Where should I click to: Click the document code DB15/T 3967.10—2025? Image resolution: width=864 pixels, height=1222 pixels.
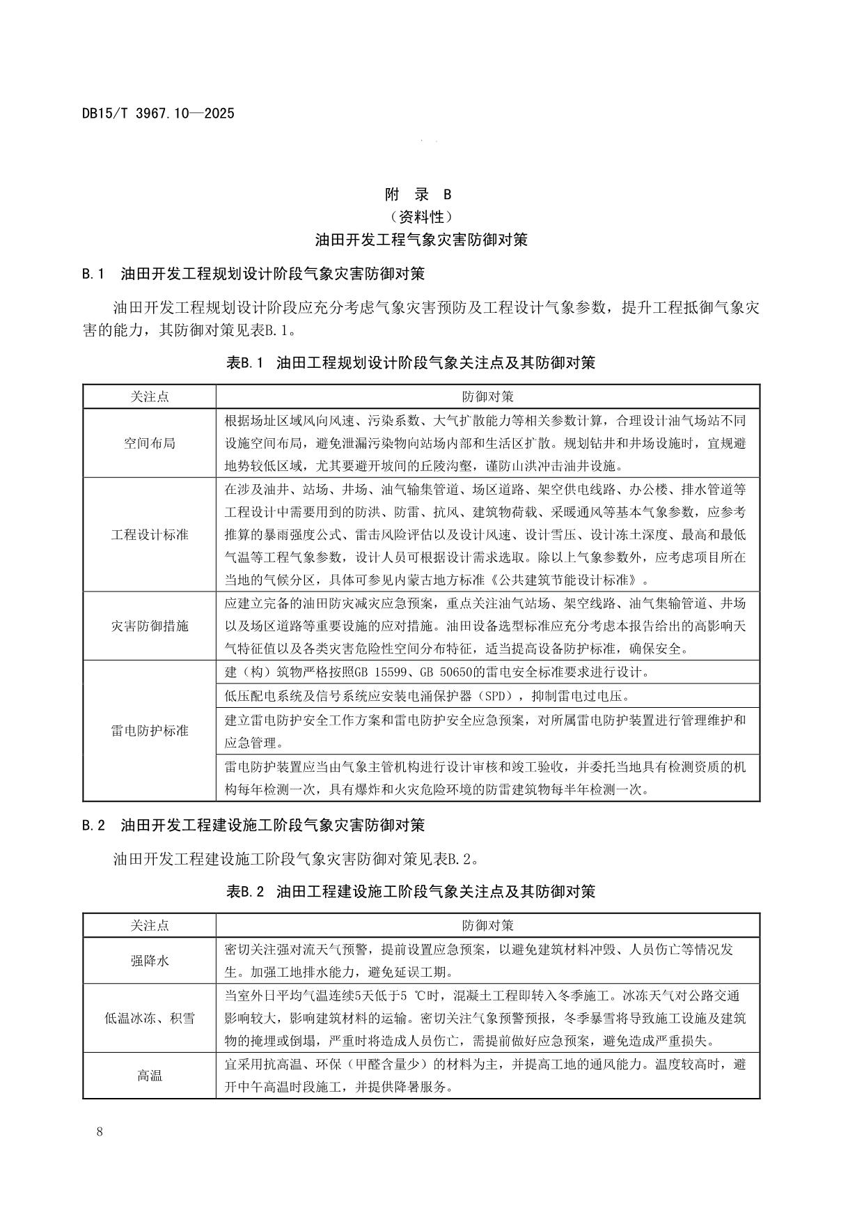[158, 113]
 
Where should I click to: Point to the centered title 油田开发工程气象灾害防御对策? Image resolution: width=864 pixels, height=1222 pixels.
[421, 240]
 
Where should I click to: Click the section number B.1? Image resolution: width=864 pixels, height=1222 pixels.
[93, 273]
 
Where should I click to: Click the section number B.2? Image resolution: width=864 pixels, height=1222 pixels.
[93, 826]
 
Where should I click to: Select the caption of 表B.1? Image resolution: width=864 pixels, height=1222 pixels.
[411, 362]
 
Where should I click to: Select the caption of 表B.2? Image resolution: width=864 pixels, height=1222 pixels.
[411, 891]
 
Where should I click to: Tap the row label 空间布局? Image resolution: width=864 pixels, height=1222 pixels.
[150, 443]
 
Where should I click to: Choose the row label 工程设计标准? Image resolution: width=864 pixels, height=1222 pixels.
[150, 535]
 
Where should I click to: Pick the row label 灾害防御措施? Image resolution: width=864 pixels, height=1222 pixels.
[150, 626]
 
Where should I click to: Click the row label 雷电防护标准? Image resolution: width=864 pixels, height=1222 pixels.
[150, 731]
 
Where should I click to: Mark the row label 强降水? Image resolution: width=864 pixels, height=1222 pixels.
[150, 961]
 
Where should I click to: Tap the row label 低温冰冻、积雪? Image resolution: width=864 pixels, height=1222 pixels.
[150, 1018]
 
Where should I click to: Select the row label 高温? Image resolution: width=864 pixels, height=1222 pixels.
[150, 1075]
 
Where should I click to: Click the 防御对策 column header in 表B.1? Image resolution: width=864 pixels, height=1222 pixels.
[487, 396]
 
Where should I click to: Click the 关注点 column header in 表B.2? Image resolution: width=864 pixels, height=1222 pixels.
[150, 925]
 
